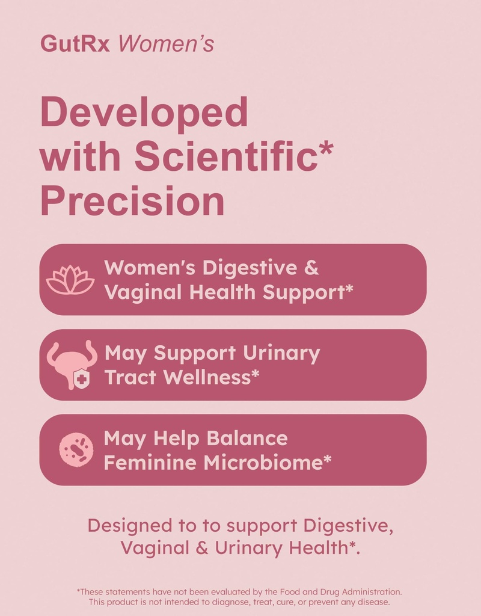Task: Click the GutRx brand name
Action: [75, 43]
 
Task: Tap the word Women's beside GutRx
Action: [167, 43]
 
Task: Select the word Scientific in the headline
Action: [225, 157]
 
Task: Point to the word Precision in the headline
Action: [132, 202]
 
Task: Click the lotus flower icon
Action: [70, 280]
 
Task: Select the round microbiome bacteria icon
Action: [76, 449]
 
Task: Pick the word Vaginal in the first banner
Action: [144, 292]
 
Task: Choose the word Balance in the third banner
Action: [247, 438]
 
